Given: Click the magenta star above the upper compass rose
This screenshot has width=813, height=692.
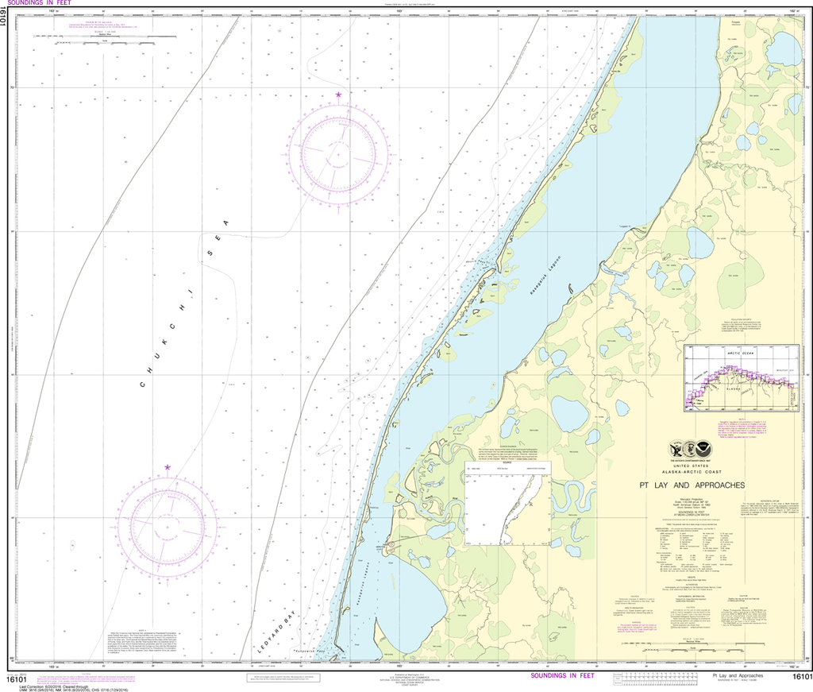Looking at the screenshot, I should (x=339, y=95).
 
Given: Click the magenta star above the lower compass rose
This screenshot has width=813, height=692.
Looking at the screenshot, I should (x=168, y=468).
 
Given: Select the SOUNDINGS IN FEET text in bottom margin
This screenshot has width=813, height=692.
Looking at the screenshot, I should (x=562, y=676).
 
